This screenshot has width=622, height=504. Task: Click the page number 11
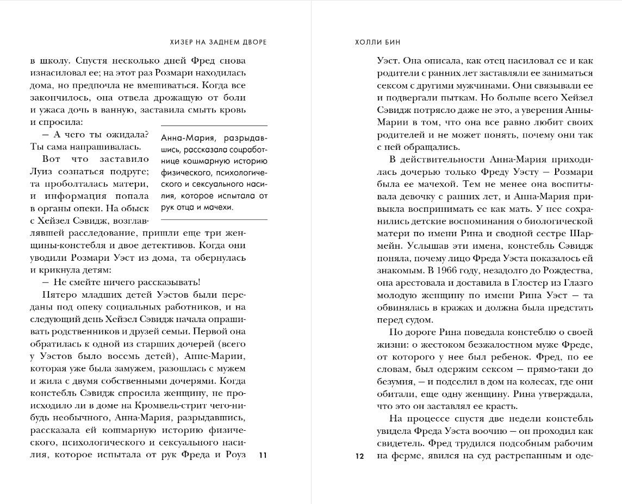click(263, 455)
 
